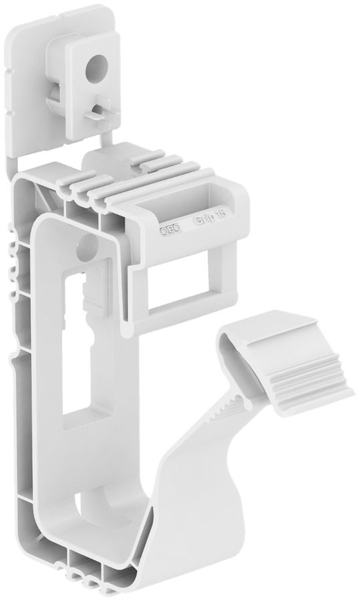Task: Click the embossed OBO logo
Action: [168, 231]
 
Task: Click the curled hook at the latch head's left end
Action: [229, 341]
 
